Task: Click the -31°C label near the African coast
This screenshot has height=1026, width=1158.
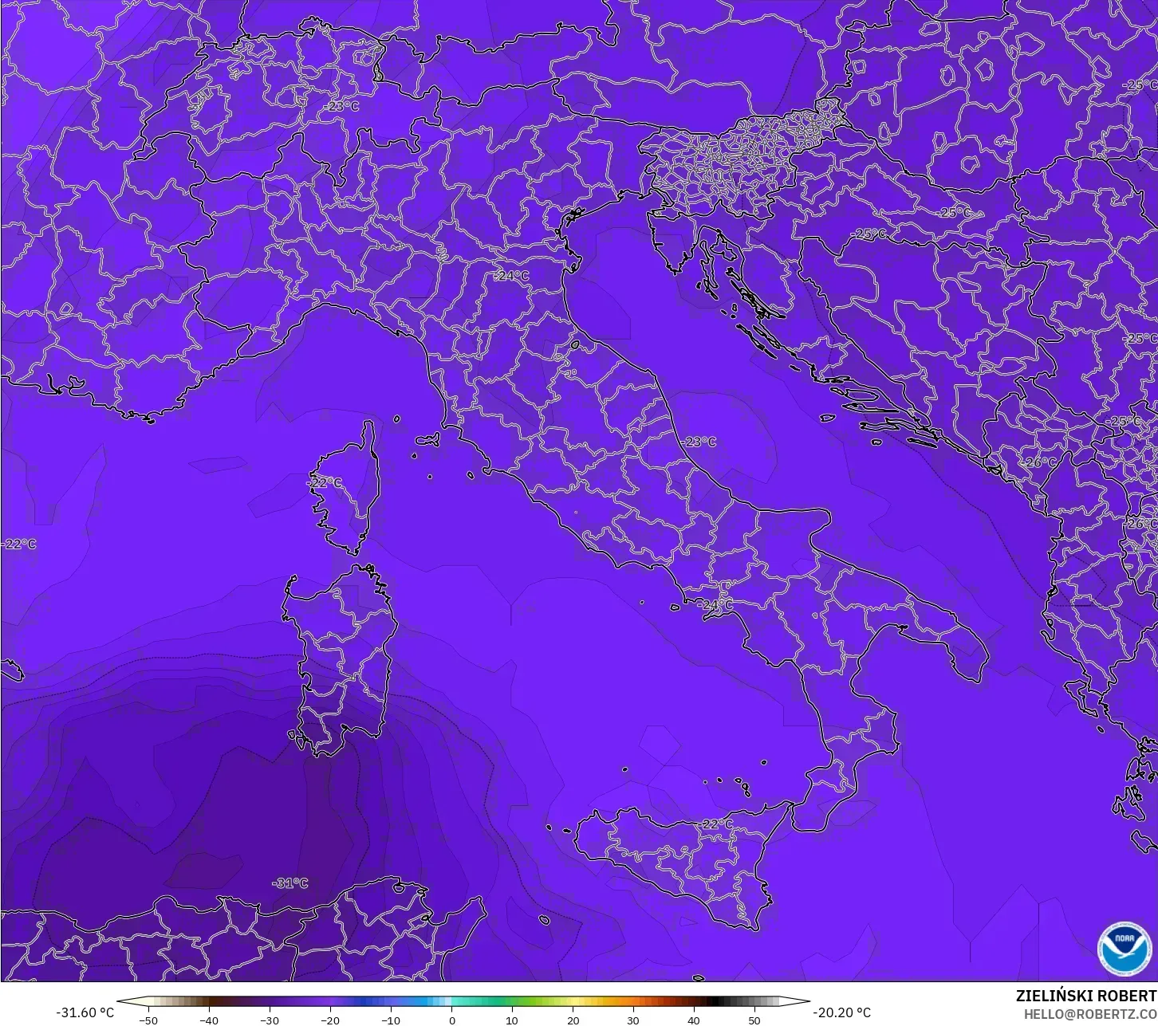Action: (289, 883)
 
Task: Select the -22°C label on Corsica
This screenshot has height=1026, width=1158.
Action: (325, 483)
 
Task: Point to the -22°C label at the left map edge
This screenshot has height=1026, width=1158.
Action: (19, 544)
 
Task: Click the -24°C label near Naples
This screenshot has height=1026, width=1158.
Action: (715, 605)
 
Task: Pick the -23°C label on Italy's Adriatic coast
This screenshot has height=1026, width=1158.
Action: (699, 442)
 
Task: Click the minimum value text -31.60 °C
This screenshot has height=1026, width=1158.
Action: (85, 1012)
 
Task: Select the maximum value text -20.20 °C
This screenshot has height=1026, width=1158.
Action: (841, 1012)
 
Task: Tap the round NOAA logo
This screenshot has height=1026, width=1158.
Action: (1124, 948)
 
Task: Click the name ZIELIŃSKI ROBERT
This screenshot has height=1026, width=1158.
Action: (1085, 996)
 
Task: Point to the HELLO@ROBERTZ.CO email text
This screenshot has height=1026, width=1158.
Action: (1090, 1014)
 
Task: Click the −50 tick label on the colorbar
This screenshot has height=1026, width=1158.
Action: (148, 1020)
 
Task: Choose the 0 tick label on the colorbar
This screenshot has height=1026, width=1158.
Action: (451, 1020)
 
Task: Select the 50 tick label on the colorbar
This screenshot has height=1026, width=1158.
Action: (754, 1020)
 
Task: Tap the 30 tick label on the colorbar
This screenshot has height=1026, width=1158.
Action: (633, 1020)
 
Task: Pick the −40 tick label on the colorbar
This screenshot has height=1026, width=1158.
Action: (208, 1020)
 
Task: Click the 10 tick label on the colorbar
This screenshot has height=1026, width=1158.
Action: (512, 1020)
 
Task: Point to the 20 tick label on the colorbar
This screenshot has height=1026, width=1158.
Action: (573, 1020)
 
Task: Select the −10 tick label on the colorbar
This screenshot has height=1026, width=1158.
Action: (390, 1020)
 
